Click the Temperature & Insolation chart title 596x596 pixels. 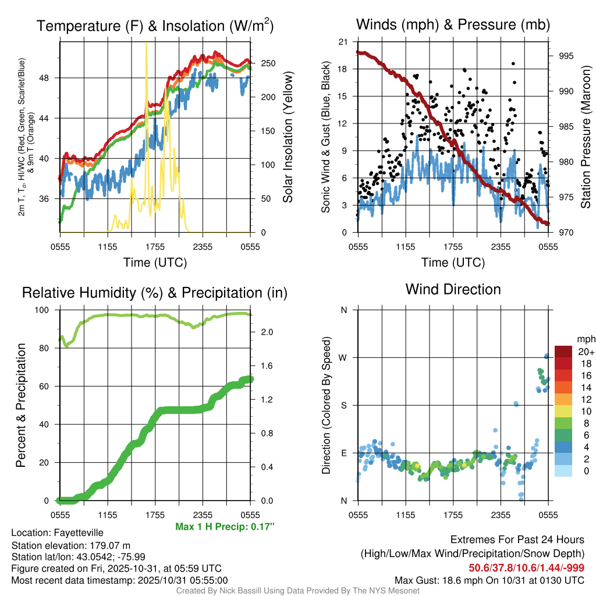tap(155, 26)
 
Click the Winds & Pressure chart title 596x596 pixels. tap(453, 24)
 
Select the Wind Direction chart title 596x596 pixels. tap(453, 289)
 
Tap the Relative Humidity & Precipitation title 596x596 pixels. tap(155, 293)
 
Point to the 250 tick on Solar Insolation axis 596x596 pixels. tap(268, 63)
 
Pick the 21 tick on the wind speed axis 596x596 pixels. tap(343, 42)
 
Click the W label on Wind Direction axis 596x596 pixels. tap(344, 357)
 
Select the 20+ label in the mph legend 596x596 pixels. tap(586, 352)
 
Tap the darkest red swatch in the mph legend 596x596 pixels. tap(563, 351)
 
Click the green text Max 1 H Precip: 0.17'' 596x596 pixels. tap(225, 526)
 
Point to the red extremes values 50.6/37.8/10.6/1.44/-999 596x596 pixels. tap(526, 567)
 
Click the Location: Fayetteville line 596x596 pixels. tap(57, 533)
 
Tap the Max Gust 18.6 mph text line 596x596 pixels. tap(489, 580)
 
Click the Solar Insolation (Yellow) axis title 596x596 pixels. tap(288, 137)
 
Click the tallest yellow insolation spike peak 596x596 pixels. tap(146, 44)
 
